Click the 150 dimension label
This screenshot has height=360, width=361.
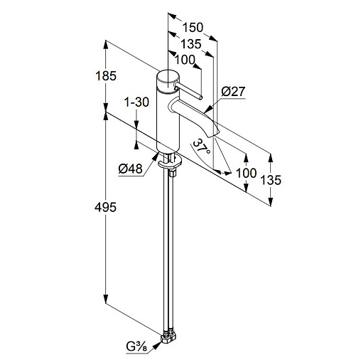pos(193,27)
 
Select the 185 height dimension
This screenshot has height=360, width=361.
pos(106,76)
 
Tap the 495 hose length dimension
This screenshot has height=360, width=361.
pos(105,208)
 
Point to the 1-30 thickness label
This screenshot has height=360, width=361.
pos(136,102)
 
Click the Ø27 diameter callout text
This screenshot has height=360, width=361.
pos(233,92)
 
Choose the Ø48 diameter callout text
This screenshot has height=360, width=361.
pos(131,169)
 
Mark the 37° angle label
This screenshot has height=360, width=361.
pos(201,147)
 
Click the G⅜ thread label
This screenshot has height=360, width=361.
pos(136,347)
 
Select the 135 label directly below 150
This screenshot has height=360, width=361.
pos(191,44)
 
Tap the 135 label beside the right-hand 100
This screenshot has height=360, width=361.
pos(271,180)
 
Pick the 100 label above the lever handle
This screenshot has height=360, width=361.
pos(185,60)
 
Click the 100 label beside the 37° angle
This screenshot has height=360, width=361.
pos(247,173)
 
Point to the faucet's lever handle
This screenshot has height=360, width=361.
pos(189,90)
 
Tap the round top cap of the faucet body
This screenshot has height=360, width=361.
pos(168,80)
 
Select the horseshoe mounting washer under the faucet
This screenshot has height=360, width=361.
pos(169,164)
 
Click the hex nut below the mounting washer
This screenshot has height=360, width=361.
pos(172,174)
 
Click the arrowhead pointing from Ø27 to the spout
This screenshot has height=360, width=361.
pos(207,110)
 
